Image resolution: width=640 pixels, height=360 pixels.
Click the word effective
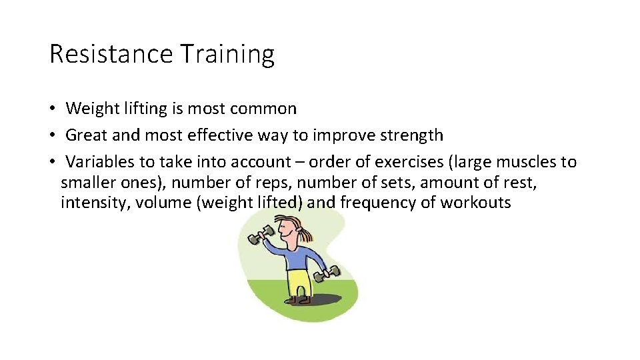click(221, 135)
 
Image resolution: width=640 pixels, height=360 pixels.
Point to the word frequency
click(377, 203)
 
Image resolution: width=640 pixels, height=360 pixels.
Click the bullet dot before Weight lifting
click(51, 109)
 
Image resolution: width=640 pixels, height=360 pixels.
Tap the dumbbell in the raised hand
click(258, 235)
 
